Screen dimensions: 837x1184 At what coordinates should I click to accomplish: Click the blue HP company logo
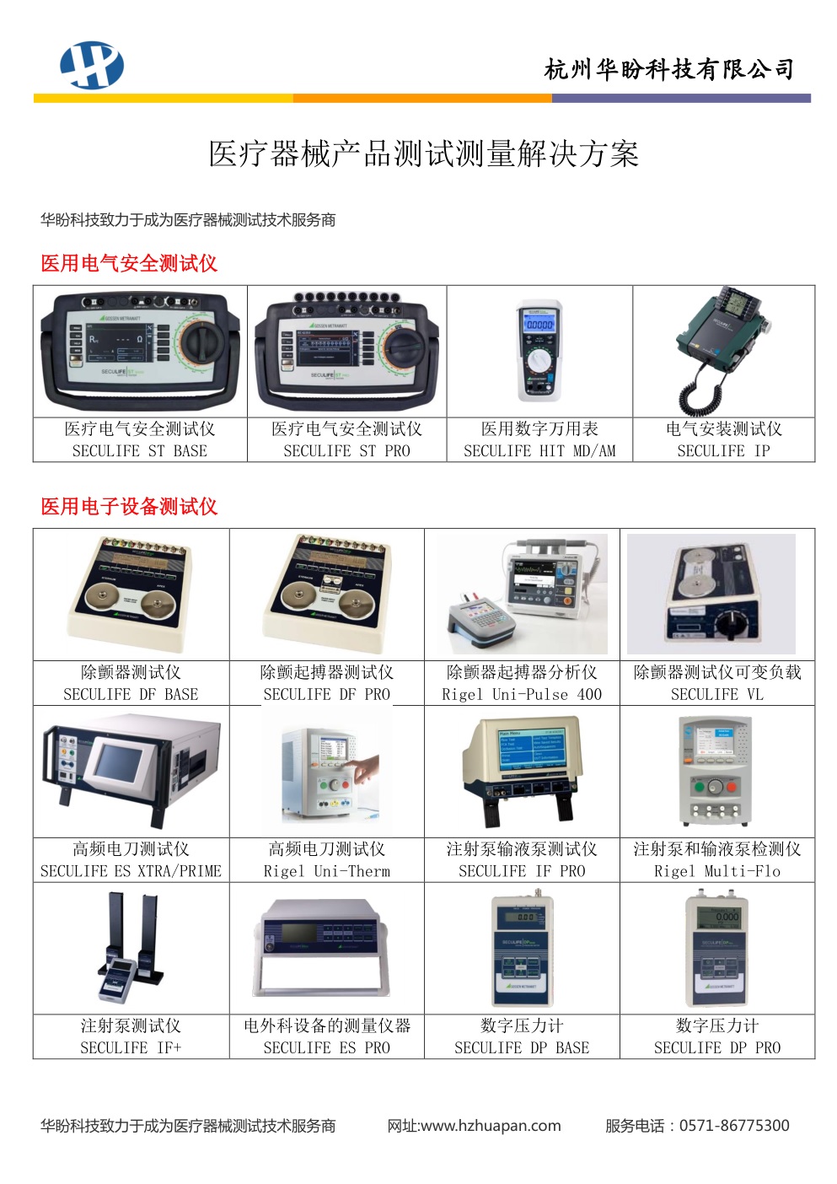click(92, 65)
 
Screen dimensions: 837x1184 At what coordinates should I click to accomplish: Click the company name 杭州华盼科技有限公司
click(669, 69)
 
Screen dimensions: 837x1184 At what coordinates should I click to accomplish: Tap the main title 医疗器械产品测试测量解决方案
click(423, 153)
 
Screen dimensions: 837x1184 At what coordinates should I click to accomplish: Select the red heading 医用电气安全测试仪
click(129, 263)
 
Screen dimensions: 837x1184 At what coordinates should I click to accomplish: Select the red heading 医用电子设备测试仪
click(129, 506)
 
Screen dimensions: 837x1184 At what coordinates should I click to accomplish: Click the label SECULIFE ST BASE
click(140, 451)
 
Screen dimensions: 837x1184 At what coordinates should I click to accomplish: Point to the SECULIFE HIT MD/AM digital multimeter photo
click(539, 351)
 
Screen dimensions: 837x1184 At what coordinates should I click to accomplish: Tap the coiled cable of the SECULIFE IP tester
click(697, 386)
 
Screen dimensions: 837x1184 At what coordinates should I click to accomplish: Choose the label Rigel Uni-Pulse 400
click(522, 694)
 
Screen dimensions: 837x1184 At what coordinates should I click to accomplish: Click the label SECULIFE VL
click(717, 694)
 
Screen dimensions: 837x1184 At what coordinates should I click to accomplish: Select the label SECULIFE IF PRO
click(522, 871)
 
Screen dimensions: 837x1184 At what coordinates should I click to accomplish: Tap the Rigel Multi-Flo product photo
click(715, 771)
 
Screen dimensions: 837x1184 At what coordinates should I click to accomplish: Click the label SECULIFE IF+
click(131, 1047)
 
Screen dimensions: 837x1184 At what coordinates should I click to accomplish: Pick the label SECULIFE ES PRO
click(326, 1047)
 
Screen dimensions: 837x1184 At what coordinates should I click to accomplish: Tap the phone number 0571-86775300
click(734, 1125)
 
